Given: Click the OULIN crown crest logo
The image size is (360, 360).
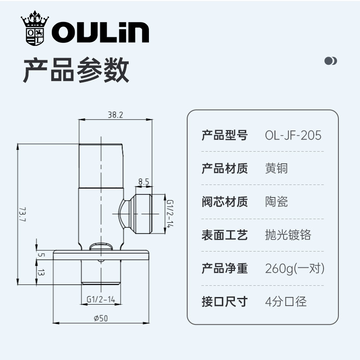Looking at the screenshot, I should click(34, 29).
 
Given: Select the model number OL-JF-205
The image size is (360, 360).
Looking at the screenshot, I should click(293, 135).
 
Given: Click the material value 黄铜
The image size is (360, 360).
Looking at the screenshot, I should click(276, 168).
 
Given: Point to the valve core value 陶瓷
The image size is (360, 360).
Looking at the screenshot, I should click(276, 201).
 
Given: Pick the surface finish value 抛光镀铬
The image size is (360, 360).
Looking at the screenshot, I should click(288, 234).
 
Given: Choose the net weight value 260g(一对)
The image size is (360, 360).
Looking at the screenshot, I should click(295, 269).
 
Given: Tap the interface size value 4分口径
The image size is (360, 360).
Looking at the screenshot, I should click(286, 301).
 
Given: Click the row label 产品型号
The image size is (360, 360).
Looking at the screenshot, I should click(225, 135).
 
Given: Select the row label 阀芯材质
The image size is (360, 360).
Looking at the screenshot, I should click(225, 201).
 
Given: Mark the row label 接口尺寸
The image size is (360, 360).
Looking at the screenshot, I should click(225, 301).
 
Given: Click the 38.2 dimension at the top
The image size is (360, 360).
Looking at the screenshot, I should click(115, 115).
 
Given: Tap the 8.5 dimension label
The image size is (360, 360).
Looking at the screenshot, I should click(144, 182).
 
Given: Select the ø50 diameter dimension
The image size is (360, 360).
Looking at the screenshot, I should click(101, 318).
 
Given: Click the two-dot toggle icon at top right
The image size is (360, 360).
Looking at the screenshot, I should click(331, 61).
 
